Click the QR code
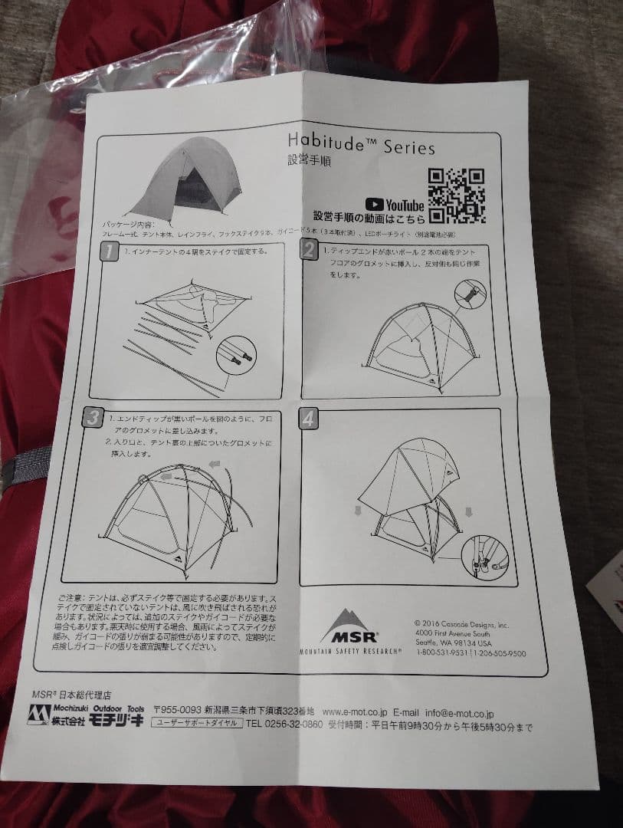(x=455, y=195)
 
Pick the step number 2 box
(x=309, y=250)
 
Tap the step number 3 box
(x=93, y=418)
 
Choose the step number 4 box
(x=308, y=419)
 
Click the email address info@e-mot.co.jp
(x=461, y=713)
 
